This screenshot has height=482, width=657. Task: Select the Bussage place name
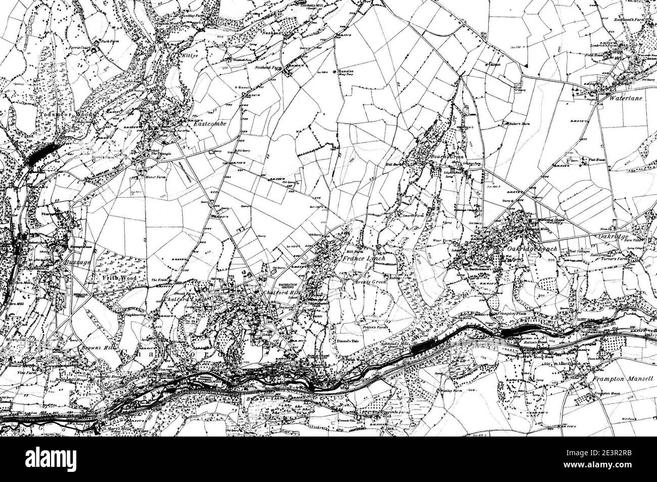pyautogui.click(x=77, y=263)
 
